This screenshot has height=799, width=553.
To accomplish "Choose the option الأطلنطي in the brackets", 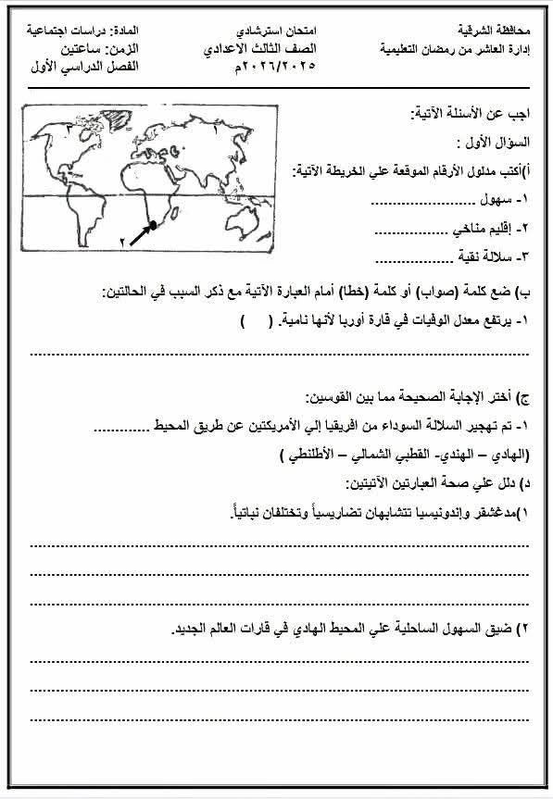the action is [306, 456].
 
